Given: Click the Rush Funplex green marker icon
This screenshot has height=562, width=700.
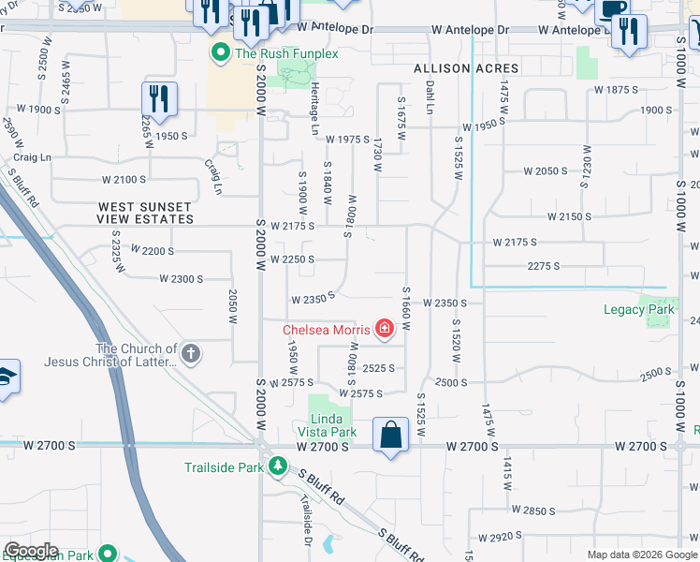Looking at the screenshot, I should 222,53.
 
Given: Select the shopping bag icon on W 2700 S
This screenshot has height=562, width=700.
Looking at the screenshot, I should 390,436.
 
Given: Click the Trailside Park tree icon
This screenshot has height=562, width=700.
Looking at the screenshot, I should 276,466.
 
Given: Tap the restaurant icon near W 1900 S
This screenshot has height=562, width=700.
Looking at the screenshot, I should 159,98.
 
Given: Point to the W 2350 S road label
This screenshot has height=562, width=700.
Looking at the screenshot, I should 314,301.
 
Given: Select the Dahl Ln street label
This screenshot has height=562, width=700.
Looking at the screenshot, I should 430,96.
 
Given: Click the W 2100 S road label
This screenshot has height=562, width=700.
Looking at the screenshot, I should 124,179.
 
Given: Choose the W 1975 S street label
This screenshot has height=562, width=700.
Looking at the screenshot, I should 348,139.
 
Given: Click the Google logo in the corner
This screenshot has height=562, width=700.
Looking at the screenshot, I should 30,551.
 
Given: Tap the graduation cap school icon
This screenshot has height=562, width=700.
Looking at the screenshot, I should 6,377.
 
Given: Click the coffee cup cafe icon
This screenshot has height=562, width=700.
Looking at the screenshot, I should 613,10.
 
